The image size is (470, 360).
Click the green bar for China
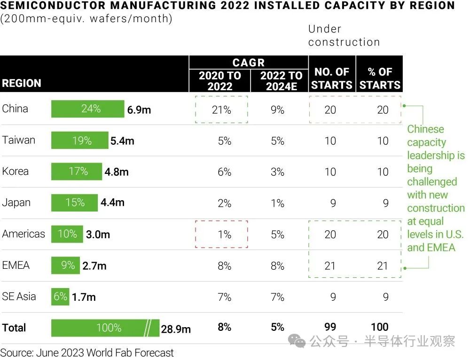[x=87, y=109]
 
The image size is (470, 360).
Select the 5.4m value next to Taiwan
[x=122, y=141]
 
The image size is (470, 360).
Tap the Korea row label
[x=15, y=172]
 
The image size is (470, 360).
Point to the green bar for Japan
[x=74, y=203]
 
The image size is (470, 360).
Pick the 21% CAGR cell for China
[x=221, y=110]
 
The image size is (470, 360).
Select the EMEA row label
[x=16, y=265]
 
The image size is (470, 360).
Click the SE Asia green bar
[x=60, y=297]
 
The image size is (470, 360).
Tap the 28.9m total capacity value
[x=176, y=329]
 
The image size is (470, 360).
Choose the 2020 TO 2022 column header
[x=219, y=81]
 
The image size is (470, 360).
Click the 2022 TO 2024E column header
[x=281, y=81]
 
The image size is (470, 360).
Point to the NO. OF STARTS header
[x=331, y=78]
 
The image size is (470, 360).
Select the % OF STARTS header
[x=380, y=78]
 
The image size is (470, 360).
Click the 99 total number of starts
[x=330, y=327]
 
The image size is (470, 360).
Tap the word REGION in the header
[x=22, y=84]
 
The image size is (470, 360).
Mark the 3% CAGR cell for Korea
[x=278, y=172]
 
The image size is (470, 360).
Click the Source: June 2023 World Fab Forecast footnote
[x=87, y=352]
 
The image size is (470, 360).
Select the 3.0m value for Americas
[x=98, y=234]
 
